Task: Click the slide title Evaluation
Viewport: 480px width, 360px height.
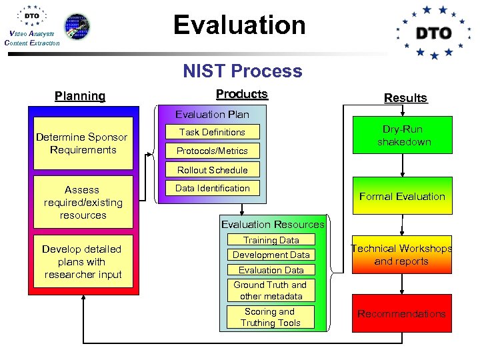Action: tap(239, 25)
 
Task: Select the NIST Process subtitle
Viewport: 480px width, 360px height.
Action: tap(242, 71)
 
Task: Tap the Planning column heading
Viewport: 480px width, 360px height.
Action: tap(80, 96)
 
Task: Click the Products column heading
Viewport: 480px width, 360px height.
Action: tap(242, 94)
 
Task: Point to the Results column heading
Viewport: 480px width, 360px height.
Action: tap(405, 98)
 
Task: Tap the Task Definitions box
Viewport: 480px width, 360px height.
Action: tap(213, 132)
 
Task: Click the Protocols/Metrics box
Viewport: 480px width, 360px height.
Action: tap(213, 151)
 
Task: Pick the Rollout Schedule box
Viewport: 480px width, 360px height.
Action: tap(213, 170)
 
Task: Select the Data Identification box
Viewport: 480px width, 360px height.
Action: tap(213, 189)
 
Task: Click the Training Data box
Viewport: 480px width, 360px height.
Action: tap(271, 240)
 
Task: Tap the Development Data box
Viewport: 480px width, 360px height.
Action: tap(271, 255)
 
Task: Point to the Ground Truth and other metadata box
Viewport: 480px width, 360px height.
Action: tap(271, 290)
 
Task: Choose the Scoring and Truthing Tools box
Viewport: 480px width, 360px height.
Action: tap(271, 317)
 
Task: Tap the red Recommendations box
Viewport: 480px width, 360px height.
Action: tap(401, 313)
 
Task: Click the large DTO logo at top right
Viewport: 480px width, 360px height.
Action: tap(434, 32)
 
